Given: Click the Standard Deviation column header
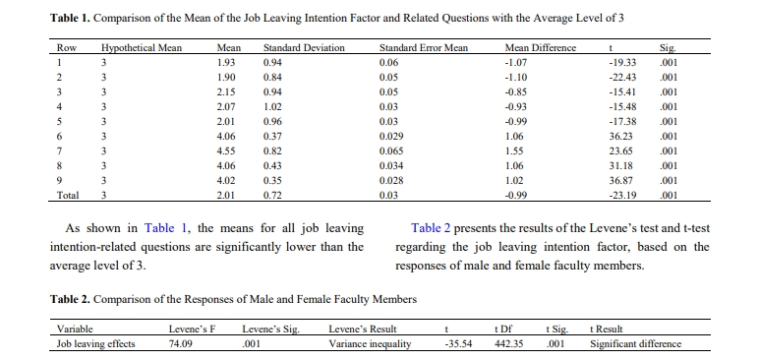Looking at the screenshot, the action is coord(304,48).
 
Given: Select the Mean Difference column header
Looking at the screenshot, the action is coord(540,48).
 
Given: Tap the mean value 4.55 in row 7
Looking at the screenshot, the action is coord(226,150).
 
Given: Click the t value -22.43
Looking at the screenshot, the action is coord(622,77).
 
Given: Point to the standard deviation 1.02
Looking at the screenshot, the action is coord(272,106).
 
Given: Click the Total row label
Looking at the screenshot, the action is coord(68,196).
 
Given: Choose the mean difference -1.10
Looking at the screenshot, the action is coord(515,77).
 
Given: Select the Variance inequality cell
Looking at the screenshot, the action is coord(370,344).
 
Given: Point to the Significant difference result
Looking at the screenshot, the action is coord(635,344).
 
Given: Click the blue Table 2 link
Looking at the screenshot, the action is coord(431,228).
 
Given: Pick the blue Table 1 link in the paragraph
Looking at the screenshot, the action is coord(164,228).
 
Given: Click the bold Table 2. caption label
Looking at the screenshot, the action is coord(70,299).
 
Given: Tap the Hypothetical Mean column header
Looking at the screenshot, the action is coord(142,48).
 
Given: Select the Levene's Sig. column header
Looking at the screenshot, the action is coord(271,330).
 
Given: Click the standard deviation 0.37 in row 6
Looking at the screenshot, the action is coord(272,136).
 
